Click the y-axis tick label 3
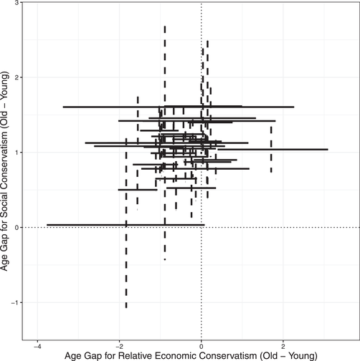(17, 4)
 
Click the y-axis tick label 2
(17, 77)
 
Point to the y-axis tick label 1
(17, 153)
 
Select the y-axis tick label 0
(17, 228)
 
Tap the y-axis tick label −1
(15, 302)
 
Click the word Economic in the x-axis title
(189, 354)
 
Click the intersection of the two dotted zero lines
(202, 228)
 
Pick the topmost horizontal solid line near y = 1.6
(179, 107)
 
